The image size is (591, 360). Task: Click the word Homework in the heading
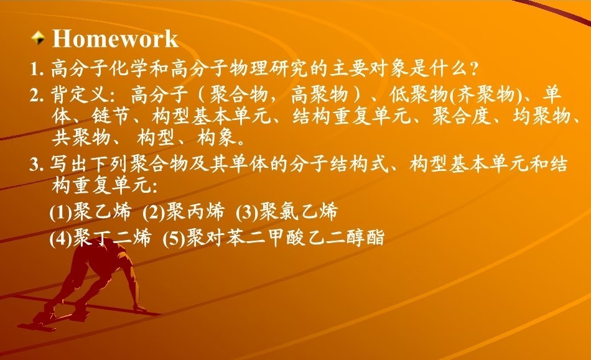(115, 39)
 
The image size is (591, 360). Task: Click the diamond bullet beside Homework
(38, 38)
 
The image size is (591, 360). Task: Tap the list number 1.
(37, 69)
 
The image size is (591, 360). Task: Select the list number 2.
(37, 95)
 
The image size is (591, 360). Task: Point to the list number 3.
(37, 165)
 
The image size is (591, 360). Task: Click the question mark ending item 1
(474, 69)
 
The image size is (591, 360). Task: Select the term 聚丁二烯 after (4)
(112, 238)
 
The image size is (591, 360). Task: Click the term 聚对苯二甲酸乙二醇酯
(286, 238)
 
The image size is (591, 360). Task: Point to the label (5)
(174, 238)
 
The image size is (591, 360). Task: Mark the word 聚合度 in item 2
(462, 116)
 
